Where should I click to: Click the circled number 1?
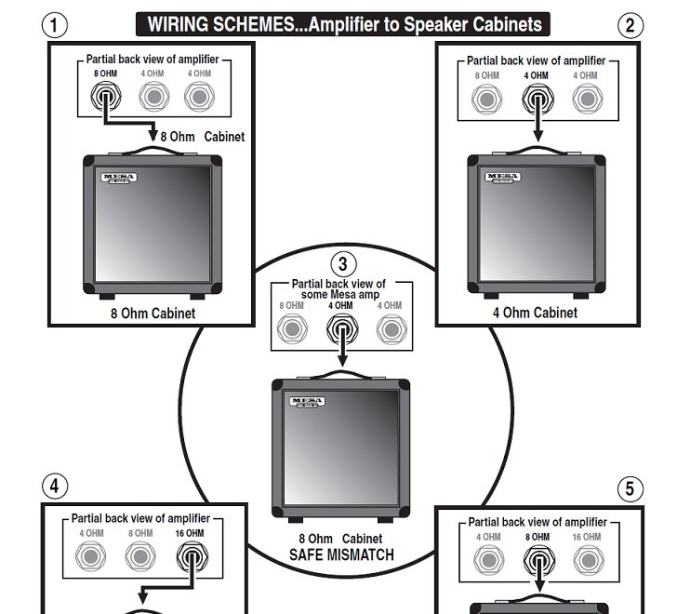pos(56,25)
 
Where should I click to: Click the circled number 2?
pos(631,25)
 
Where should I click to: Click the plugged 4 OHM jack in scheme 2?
pos(535,98)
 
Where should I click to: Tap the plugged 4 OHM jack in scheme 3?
pos(341,328)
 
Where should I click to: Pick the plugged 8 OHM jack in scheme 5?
pos(537,560)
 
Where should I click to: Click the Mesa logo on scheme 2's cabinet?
pos(504,177)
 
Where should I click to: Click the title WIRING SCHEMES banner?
pos(342,24)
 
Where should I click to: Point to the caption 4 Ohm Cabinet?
pos(535,313)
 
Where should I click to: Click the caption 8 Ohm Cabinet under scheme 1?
pos(151,314)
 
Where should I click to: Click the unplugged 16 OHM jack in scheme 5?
pos(586,560)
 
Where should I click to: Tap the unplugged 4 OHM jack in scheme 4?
pos(90,556)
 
